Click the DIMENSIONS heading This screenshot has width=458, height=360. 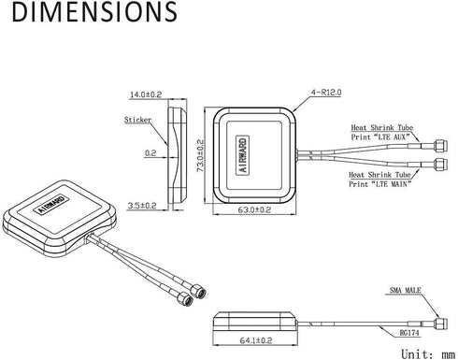pyautogui.click(x=94, y=11)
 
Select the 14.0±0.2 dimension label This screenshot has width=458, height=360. pyautogui.click(x=146, y=94)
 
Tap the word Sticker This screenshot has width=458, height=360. pyautogui.click(x=137, y=120)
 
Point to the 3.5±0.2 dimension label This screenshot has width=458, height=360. pyautogui.click(x=142, y=206)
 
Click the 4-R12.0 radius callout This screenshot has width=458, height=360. pyautogui.click(x=326, y=93)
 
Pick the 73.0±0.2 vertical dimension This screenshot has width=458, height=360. pyautogui.click(x=200, y=155)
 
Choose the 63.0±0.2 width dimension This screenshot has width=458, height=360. pyautogui.click(x=254, y=209)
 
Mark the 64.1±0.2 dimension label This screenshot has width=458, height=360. pyautogui.click(x=256, y=340)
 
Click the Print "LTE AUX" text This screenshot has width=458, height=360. pyautogui.click(x=379, y=137)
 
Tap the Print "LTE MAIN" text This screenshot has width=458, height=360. pyautogui.click(x=379, y=184)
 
